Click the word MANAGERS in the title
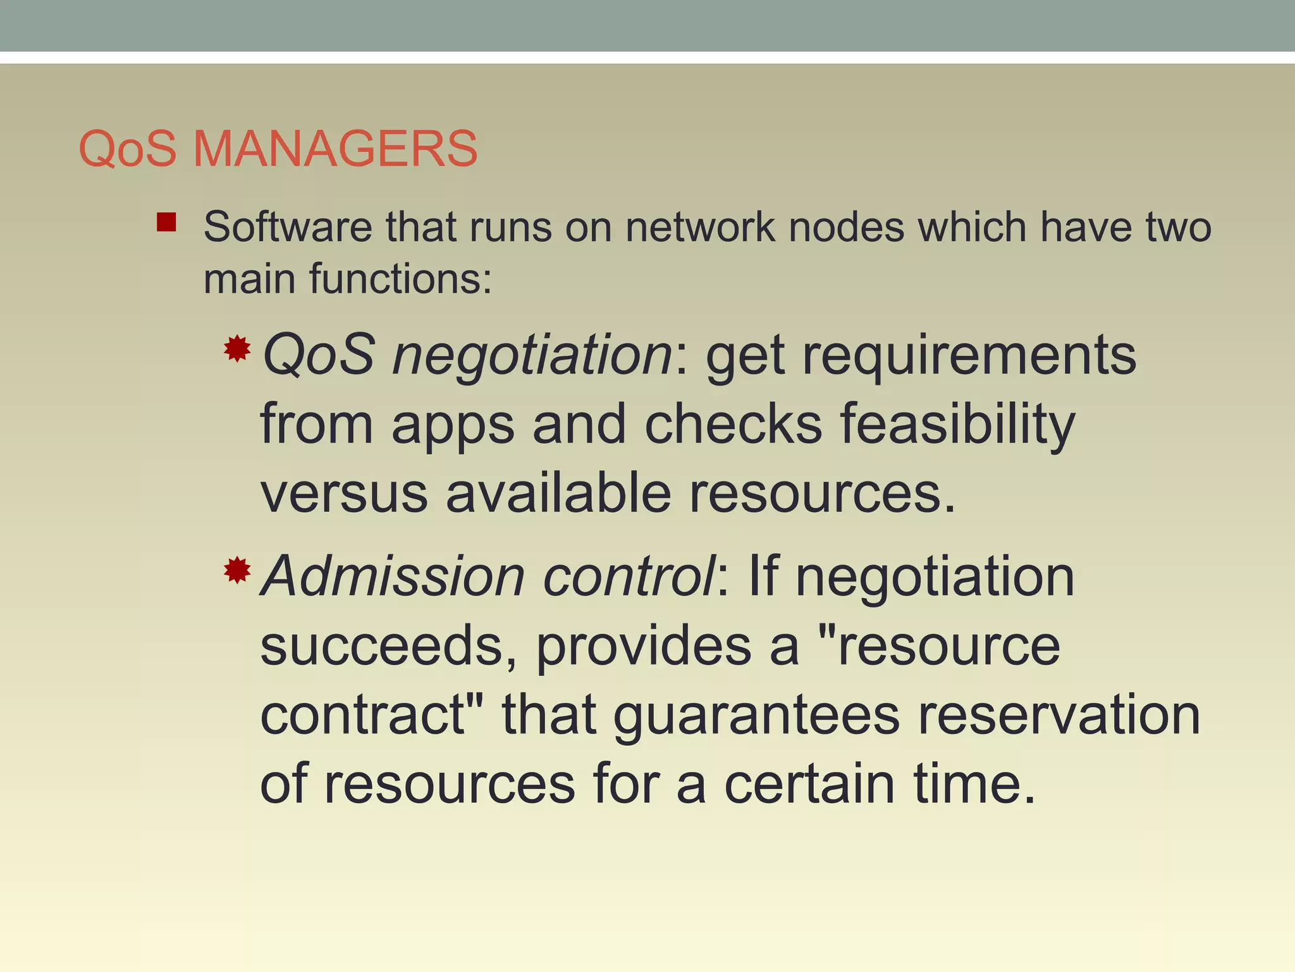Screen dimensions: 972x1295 (x=335, y=149)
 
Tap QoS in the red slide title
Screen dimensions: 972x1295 (x=127, y=149)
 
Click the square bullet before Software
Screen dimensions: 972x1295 (x=166, y=222)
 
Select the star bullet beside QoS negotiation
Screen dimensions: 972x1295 (x=237, y=349)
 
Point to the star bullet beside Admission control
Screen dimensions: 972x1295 (x=237, y=570)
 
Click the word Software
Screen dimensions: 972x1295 (x=288, y=227)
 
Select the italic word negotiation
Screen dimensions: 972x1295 (x=532, y=355)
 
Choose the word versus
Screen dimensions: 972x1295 (x=344, y=494)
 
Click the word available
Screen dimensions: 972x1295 (x=558, y=493)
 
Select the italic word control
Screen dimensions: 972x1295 (x=629, y=576)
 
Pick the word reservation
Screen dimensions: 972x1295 (x=1059, y=714)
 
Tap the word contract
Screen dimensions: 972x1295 (x=371, y=714)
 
